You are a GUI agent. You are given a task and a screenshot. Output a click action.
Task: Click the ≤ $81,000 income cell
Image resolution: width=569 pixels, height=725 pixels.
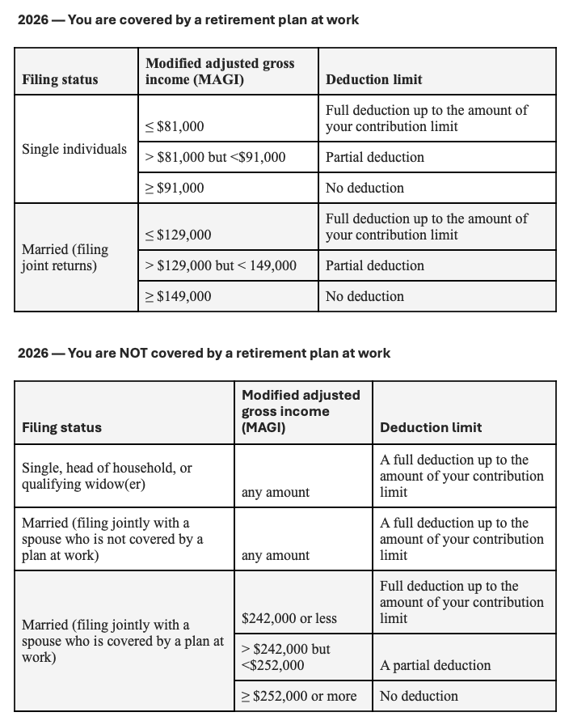pos(175,126)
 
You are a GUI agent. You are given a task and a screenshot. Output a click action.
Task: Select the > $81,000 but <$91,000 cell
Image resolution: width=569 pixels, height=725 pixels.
pos(215,157)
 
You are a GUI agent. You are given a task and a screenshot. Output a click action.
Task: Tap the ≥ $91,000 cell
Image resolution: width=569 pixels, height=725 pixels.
pos(175,188)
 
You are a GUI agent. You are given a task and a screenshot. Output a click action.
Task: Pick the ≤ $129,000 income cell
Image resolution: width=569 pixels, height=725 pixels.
pos(178,235)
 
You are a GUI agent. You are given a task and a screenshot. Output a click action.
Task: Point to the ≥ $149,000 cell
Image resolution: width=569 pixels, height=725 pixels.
pos(178,296)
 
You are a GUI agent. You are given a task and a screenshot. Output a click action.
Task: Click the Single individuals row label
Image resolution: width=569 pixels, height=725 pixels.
pos(74,149)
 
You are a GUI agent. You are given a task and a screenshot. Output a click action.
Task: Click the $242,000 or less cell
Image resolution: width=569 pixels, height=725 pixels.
pos(289,618)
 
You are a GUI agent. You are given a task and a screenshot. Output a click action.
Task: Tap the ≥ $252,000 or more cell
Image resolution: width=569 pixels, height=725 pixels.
pos(299,696)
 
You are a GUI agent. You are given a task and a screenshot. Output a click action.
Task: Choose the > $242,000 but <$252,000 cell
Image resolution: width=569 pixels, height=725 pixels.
pos(286,657)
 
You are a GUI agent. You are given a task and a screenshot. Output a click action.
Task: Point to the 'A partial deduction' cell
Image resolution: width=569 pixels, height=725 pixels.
pos(435,665)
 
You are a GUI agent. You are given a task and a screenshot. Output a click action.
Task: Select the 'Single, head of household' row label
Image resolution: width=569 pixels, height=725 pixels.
pos(107,476)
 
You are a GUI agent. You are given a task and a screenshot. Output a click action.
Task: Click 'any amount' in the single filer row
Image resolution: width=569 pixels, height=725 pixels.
pos(276,492)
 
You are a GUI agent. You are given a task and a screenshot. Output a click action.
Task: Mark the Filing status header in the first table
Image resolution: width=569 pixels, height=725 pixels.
pos(60,79)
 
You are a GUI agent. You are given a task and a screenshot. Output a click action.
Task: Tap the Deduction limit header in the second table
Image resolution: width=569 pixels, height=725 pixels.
pos(431,427)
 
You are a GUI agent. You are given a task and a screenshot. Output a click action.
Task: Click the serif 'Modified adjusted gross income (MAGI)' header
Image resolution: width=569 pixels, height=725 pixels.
pos(220,71)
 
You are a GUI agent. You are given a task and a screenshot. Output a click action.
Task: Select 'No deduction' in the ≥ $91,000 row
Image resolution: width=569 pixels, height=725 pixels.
pos(365,188)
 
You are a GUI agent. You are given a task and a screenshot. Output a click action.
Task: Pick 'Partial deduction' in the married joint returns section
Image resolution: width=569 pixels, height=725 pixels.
pos(374,265)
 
